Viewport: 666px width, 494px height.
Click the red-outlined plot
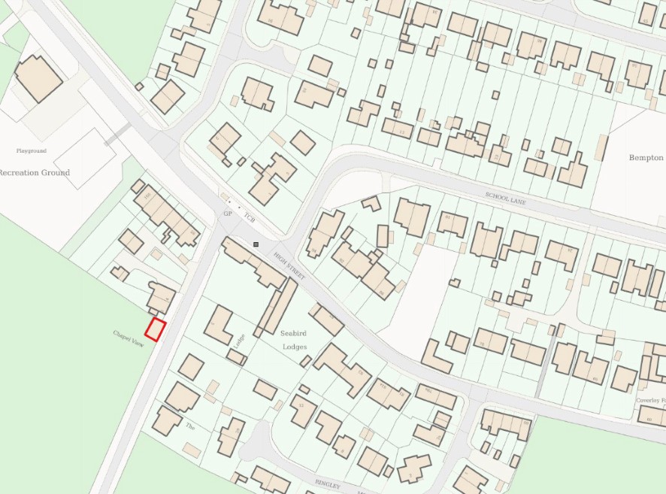(x=156, y=330)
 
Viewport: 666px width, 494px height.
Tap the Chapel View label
(x=128, y=338)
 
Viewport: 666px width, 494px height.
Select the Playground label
(x=32, y=151)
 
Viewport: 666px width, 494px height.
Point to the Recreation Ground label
(x=34, y=173)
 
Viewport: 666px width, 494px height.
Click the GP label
(x=227, y=214)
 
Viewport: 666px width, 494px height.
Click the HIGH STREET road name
(x=289, y=267)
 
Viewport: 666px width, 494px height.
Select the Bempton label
(x=646, y=158)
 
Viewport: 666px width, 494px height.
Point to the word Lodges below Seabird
(x=295, y=347)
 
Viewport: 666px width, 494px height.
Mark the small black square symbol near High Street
(x=256, y=244)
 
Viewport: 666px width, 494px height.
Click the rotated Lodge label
(x=240, y=342)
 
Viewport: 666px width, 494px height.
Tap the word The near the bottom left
(x=190, y=426)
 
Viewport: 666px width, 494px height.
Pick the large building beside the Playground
(x=38, y=77)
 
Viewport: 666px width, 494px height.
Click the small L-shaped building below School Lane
(x=371, y=203)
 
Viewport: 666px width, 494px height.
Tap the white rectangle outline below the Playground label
(x=84, y=158)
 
